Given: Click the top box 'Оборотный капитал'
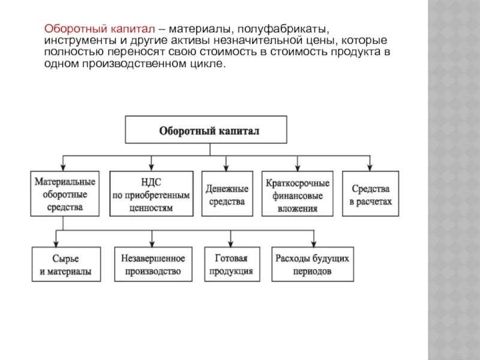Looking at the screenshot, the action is (x=206, y=130).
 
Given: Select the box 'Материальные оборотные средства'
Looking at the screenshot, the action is (x=64, y=193).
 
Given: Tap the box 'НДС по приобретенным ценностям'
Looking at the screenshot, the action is (x=151, y=193).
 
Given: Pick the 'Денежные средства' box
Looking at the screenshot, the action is (x=226, y=193).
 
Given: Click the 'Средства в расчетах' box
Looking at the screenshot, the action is (x=370, y=193).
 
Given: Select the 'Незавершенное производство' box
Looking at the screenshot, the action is (x=153, y=265).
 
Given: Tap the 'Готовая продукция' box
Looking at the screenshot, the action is (x=232, y=265).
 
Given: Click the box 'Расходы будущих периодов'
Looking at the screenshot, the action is (x=311, y=265).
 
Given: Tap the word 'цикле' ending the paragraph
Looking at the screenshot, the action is (x=211, y=63).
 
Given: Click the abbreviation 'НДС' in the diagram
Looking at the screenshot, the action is (x=151, y=181).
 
